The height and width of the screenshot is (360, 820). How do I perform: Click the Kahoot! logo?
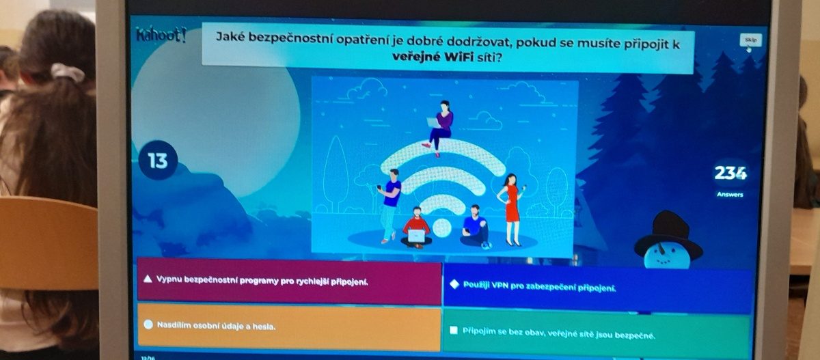(161, 35)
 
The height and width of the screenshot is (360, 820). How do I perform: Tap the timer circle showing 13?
(158, 161)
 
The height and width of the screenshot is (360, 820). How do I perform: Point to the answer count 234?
(730, 173)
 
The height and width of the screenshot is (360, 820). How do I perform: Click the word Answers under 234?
(730, 195)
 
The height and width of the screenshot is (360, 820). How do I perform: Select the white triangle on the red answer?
(148, 279)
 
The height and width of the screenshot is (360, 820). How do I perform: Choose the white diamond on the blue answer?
(454, 284)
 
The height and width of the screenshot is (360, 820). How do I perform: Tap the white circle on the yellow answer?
(148, 324)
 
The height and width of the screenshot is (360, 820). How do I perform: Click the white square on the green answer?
(454, 331)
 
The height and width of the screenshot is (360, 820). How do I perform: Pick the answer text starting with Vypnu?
(262, 281)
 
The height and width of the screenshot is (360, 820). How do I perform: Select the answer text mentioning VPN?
(540, 286)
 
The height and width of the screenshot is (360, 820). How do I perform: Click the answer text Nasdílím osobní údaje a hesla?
(216, 326)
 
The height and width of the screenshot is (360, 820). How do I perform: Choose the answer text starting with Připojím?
(559, 333)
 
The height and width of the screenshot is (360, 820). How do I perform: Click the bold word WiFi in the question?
(460, 57)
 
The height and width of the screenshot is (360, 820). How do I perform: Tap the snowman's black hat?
(668, 234)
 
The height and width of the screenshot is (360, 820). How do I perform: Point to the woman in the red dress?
(511, 209)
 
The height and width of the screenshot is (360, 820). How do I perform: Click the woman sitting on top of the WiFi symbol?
(440, 127)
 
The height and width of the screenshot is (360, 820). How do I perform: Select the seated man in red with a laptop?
(417, 228)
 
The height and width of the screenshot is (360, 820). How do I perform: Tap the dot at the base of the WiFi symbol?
(442, 227)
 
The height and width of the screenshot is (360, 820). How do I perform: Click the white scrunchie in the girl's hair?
(67, 72)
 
